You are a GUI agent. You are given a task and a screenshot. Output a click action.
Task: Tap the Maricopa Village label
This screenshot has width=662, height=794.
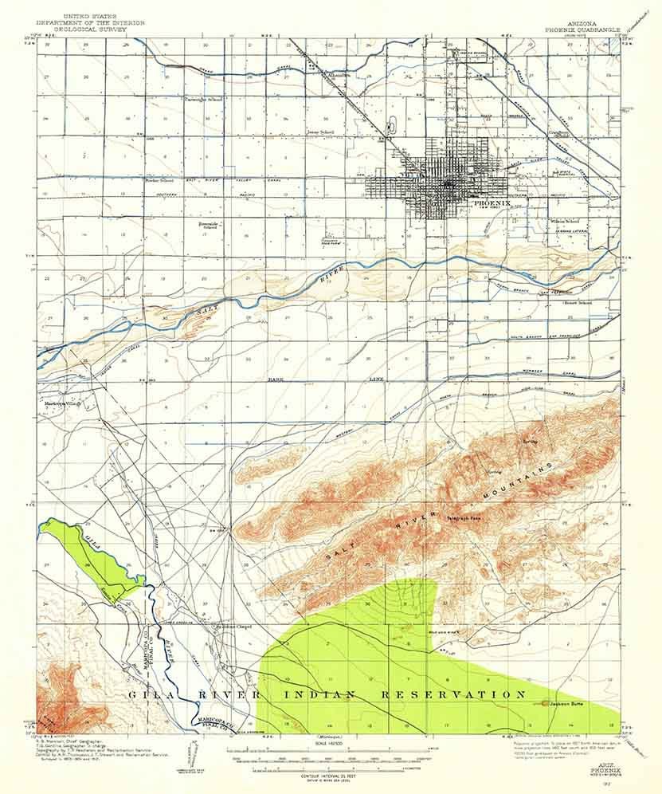pos(64,403)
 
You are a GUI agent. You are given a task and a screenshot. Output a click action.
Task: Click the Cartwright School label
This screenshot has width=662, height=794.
pos(203,100)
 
